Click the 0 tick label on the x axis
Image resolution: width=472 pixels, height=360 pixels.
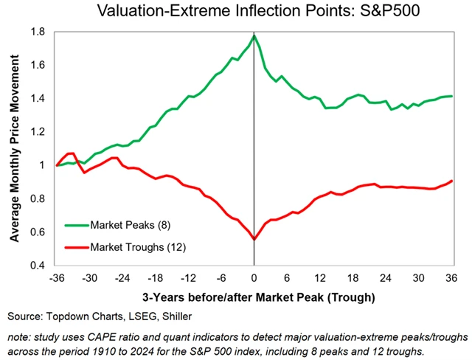(x=254, y=279)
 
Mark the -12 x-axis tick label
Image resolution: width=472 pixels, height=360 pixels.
(x=188, y=279)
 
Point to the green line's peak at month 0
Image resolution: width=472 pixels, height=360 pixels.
(x=254, y=35)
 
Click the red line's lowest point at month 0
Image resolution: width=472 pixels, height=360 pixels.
(x=254, y=239)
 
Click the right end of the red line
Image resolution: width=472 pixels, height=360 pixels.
(x=451, y=181)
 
